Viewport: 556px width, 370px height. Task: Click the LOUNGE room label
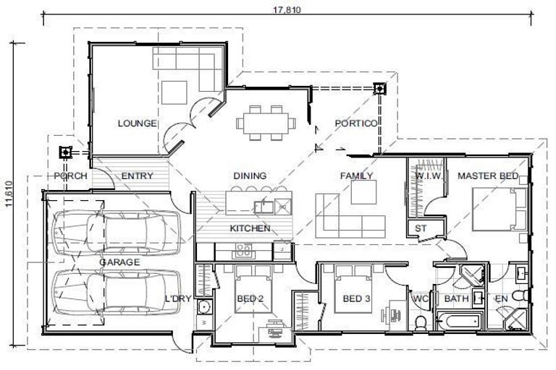(x=137, y=124)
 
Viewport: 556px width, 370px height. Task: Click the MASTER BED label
(x=487, y=176)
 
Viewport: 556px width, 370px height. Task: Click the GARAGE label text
(x=119, y=262)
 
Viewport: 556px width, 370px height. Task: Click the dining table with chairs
(x=266, y=124)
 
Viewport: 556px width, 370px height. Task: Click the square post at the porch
(x=65, y=152)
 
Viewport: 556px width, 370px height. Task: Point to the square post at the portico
(x=379, y=90)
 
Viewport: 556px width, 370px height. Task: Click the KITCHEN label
(x=250, y=228)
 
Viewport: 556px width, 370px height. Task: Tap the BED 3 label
(x=357, y=298)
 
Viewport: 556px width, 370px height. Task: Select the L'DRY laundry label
(x=177, y=298)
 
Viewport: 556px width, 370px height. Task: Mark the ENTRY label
(x=137, y=176)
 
